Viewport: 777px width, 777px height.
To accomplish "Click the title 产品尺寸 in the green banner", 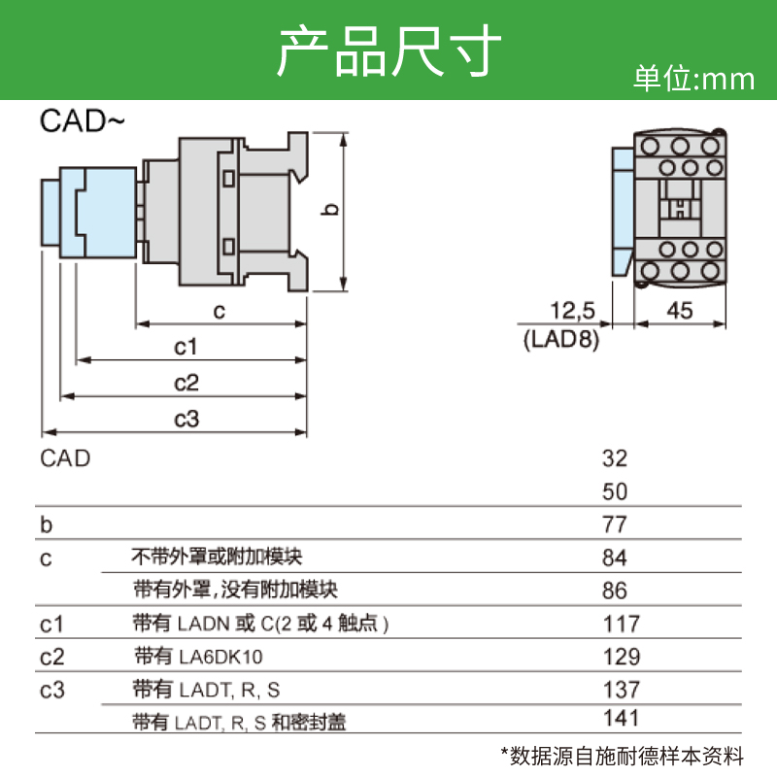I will pos(388,51).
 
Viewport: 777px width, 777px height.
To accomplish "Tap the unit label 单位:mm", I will pos(693,79).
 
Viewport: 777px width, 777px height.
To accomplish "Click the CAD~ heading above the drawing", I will pos(83,121).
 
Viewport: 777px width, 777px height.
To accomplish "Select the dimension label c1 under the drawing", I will pos(186,347).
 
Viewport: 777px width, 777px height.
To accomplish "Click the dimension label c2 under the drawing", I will pos(186,383).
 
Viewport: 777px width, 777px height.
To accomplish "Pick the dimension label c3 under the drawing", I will pos(186,419).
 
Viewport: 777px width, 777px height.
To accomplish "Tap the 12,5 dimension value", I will pos(572,312).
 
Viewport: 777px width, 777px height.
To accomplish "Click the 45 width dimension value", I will pos(681,312).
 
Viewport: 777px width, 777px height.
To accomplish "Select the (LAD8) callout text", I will pos(560,340).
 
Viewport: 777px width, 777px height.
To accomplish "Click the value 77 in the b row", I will pos(615,525).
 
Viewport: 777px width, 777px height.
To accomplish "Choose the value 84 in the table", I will pos(615,558).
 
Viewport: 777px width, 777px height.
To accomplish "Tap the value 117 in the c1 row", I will pos(621,624).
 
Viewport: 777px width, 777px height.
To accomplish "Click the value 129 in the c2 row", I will pos(621,657).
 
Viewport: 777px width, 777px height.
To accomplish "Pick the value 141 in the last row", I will pos(621,719).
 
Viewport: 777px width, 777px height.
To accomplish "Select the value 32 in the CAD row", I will pos(615,458).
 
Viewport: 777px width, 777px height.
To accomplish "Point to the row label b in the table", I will pos(46,525).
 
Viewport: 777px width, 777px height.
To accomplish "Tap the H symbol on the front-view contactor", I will pos(682,206).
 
